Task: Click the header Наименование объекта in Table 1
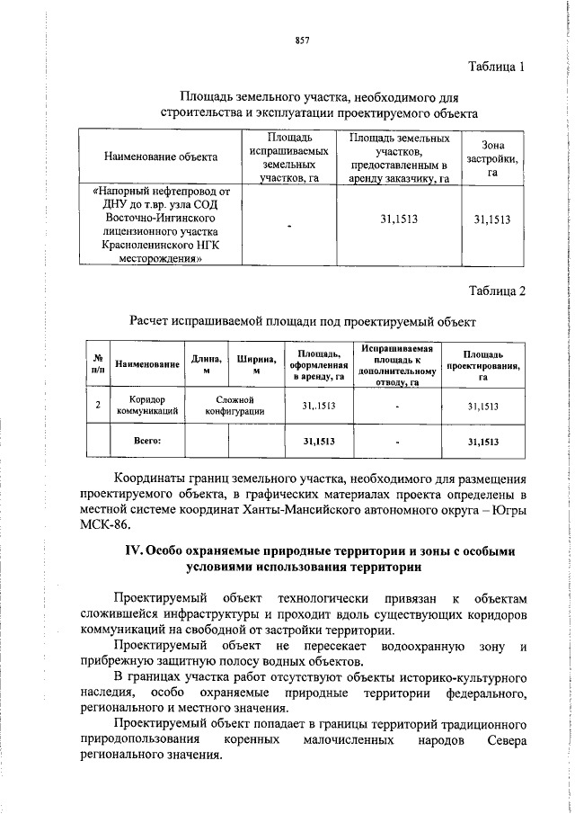point(161,183)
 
